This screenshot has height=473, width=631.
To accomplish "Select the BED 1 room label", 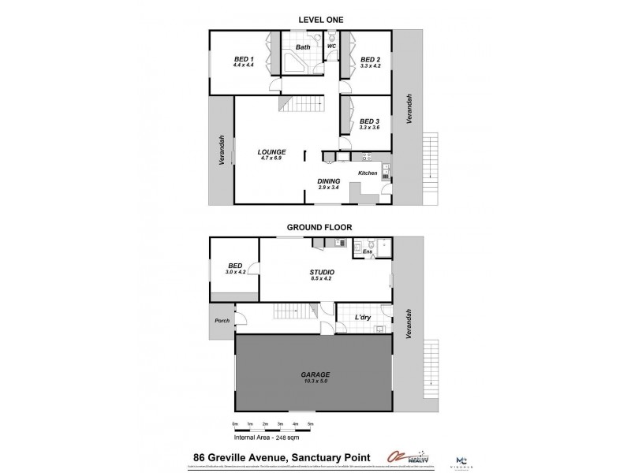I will tap(244, 60).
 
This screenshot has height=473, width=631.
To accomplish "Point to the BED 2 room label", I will tap(370, 60).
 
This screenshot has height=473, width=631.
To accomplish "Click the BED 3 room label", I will tap(369, 121).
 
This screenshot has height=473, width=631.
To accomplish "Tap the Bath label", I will tap(303, 47).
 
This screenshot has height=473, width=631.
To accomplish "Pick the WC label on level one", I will tap(332, 47).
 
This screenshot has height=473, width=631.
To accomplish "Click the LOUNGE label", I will tap(271, 151).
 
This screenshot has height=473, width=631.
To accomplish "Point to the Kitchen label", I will tap(368, 173).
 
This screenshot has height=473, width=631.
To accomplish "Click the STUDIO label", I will tap(321, 272).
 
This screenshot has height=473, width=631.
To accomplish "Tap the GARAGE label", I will tap(315, 374).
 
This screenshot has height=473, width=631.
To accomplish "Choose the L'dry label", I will tap(363, 317).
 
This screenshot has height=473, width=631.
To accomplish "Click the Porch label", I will tap(222, 320).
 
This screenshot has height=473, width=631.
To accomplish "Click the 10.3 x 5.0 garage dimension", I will tap(315, 382).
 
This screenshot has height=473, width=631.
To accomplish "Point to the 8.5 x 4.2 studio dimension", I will tap(321, 279).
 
